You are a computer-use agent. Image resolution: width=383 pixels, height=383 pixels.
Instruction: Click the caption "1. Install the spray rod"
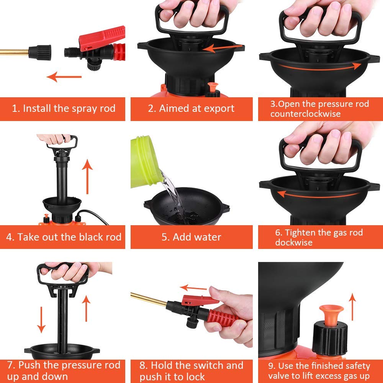(64, 108)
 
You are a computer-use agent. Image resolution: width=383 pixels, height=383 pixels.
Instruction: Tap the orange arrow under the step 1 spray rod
(64, 77)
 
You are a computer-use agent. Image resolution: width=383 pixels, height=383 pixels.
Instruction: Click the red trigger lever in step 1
(102, 38)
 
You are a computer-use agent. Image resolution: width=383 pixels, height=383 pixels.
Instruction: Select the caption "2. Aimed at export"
(191, 108)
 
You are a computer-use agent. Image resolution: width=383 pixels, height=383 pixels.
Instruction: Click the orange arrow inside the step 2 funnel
(223, 47)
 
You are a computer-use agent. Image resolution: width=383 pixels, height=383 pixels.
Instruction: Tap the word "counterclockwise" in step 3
(305, 114)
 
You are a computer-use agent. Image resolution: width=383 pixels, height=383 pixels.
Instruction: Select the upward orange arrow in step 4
(87, 176)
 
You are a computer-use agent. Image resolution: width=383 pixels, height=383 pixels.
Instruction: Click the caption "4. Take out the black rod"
(64, 237)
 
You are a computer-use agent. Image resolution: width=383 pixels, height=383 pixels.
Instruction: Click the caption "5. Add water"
(191, 237)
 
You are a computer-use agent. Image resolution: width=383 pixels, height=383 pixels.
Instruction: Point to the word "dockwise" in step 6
(294, 242)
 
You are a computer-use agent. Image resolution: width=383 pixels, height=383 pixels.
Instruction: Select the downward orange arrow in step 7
(41, 320)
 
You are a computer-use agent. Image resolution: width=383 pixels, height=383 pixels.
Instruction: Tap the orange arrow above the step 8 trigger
(193, 288)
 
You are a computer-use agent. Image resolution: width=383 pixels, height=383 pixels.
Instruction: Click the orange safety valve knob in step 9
(331, 314)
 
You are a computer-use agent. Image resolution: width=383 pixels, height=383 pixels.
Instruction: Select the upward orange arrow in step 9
(352, 307)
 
